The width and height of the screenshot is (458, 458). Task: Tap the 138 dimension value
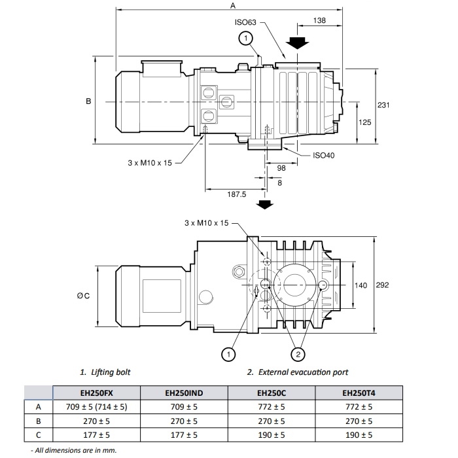[x=319, y=22]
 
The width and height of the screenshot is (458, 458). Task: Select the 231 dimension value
[x=384, y=105]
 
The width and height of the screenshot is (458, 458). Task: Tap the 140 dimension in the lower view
[x=361, y=285]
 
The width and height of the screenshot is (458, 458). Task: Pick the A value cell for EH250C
[x=272, y=406]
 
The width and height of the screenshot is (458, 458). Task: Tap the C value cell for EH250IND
[x=184, y=434]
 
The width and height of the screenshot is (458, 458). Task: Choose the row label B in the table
[x=39, y=421]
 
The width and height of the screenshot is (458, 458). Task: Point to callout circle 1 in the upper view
[x=245, y=39]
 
